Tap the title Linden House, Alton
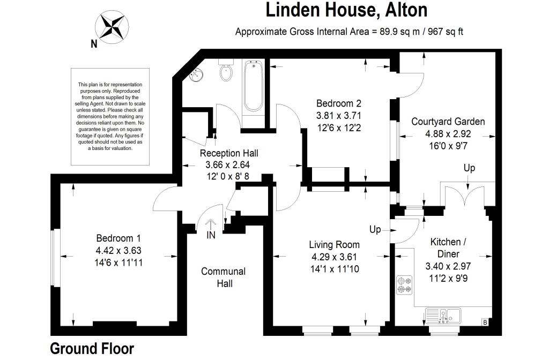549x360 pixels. point(347,10)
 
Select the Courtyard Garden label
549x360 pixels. point(448,122)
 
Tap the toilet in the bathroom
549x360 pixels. point(226,72)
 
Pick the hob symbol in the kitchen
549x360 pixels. point(404,284)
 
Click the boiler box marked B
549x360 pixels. point(485,322)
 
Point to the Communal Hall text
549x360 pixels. point(224,277)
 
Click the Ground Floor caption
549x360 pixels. point(92,348)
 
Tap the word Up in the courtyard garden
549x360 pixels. point(469,168)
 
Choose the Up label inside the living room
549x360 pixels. point(375,229)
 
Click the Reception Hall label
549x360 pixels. point(224,153)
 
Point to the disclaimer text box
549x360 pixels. point(110,116)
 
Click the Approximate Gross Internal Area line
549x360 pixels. point(349,31)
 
